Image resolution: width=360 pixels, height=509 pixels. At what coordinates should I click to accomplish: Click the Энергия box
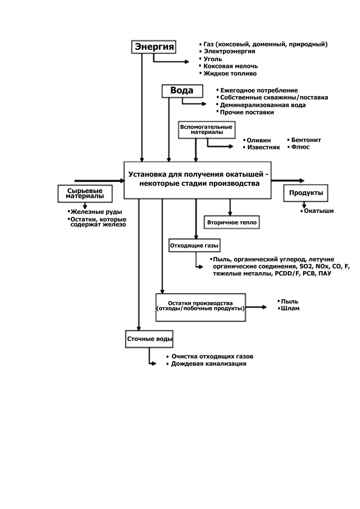[154, 47]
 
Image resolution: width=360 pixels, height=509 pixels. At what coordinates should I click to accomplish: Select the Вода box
[182, 91]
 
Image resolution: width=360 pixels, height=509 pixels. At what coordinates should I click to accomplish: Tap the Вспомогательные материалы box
[207, 130]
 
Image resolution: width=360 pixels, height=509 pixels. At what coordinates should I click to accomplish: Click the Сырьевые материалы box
[85, 193]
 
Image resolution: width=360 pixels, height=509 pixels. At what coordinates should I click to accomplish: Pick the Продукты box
[306, 193]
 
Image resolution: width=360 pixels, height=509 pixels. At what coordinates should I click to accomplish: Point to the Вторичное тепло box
[232, 222]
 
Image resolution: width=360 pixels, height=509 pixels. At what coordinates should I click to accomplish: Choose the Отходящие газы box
[194, 246]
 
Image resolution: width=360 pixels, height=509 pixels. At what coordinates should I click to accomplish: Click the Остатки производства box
[201, 307]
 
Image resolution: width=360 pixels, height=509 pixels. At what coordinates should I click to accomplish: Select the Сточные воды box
[149, 339]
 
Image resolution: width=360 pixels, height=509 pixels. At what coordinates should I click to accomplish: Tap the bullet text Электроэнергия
[229, 51]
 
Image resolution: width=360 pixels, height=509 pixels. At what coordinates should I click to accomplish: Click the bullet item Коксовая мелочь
[231, 66]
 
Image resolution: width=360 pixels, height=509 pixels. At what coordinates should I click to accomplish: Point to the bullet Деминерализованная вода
[263, 105]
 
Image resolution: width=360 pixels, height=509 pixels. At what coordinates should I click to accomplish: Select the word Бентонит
[306, 140]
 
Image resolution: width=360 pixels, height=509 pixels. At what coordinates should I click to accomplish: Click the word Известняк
[264, 147]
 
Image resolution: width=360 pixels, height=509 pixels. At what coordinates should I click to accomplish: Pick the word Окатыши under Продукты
[319, 211]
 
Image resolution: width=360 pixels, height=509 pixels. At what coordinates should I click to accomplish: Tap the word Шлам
[290, 308]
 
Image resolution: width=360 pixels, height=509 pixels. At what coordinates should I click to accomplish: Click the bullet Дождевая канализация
[208, 364]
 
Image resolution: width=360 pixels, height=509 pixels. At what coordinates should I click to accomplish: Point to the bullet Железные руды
[96, 212]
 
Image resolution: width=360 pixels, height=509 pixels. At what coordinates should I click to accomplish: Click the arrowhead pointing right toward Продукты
[302, 181]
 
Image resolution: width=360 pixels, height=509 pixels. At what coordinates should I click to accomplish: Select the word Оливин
[259, 140]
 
